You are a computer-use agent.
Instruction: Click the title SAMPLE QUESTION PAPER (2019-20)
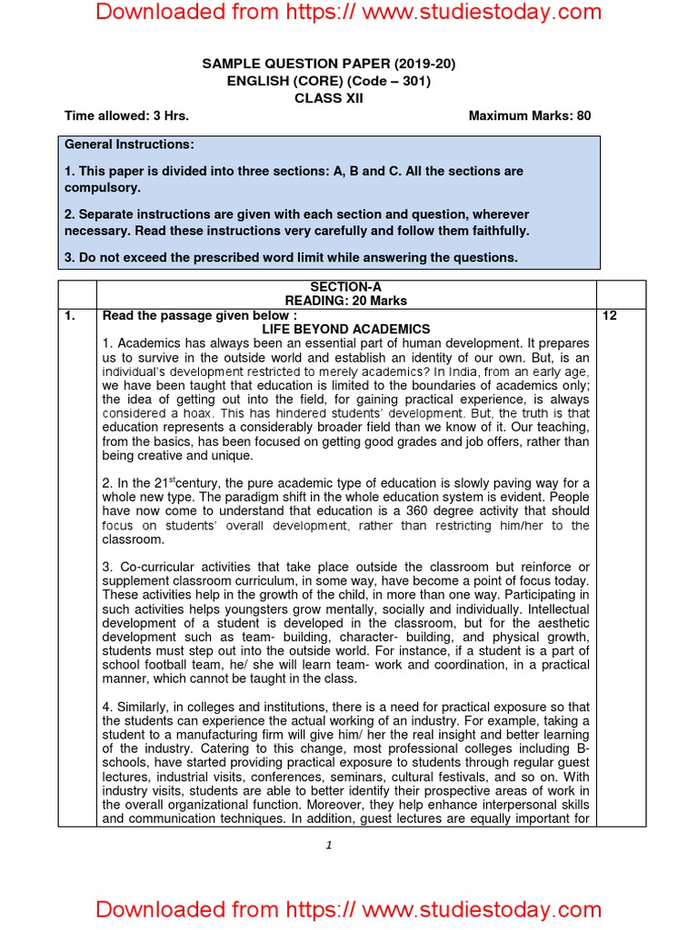[328, 64]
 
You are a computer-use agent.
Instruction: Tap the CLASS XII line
[328, 98]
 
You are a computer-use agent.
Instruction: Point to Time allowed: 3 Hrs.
[126, 115]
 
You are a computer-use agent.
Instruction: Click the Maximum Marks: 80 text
[529, 115]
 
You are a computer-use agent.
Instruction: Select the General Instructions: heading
[128, 144]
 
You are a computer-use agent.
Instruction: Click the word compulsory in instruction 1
[102, 187]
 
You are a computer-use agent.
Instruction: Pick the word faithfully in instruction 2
[499, 231]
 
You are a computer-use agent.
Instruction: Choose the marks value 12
[610, 315]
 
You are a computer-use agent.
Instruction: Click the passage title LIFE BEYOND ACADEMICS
[345, 329]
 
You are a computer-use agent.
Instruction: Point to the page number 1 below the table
[329, 845]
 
